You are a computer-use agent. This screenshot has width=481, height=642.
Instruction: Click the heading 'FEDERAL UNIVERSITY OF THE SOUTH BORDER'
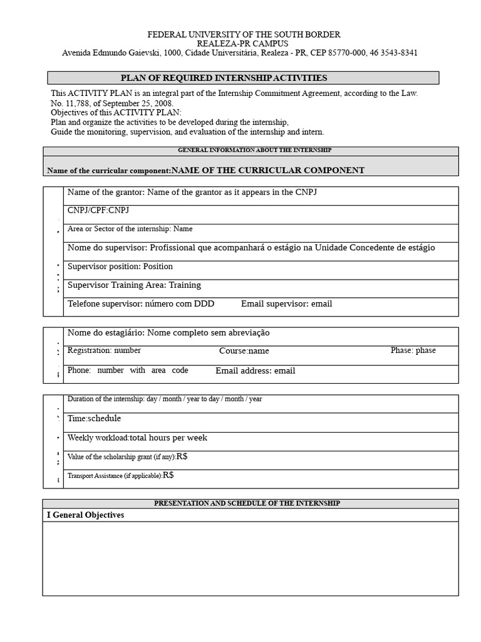[244, 34]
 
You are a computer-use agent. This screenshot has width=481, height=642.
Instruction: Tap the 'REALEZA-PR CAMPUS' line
[243, 44]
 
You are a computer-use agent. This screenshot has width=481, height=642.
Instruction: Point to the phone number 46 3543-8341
[394, 53]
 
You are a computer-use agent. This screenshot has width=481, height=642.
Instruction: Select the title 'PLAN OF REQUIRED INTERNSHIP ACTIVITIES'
[224, 78]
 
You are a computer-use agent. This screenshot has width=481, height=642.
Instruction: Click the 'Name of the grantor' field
[192, 192]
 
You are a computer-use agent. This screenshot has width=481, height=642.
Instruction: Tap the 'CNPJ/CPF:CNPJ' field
[98, 210]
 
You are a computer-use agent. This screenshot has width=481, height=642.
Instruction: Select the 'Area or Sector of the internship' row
[130, 229]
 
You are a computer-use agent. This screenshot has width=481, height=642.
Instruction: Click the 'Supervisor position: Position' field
[120, 266]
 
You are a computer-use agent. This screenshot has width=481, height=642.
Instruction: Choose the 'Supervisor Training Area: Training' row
[134, 285]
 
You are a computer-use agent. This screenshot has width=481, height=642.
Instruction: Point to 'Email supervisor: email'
[286, 304]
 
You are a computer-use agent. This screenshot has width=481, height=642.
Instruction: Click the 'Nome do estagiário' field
[168, 333]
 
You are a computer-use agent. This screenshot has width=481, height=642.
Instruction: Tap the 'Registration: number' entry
[104, 350]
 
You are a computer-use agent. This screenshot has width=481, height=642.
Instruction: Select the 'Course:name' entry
[244, 351]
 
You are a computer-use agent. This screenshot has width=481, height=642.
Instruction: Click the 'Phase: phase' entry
[413, 350]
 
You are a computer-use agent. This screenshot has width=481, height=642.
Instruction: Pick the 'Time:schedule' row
[94, 419]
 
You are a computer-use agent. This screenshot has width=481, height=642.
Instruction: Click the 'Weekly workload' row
[137, 438]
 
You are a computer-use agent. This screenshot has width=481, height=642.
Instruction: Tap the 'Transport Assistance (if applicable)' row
[120, 476]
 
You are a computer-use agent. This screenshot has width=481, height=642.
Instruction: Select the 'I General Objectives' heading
[86, 515]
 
